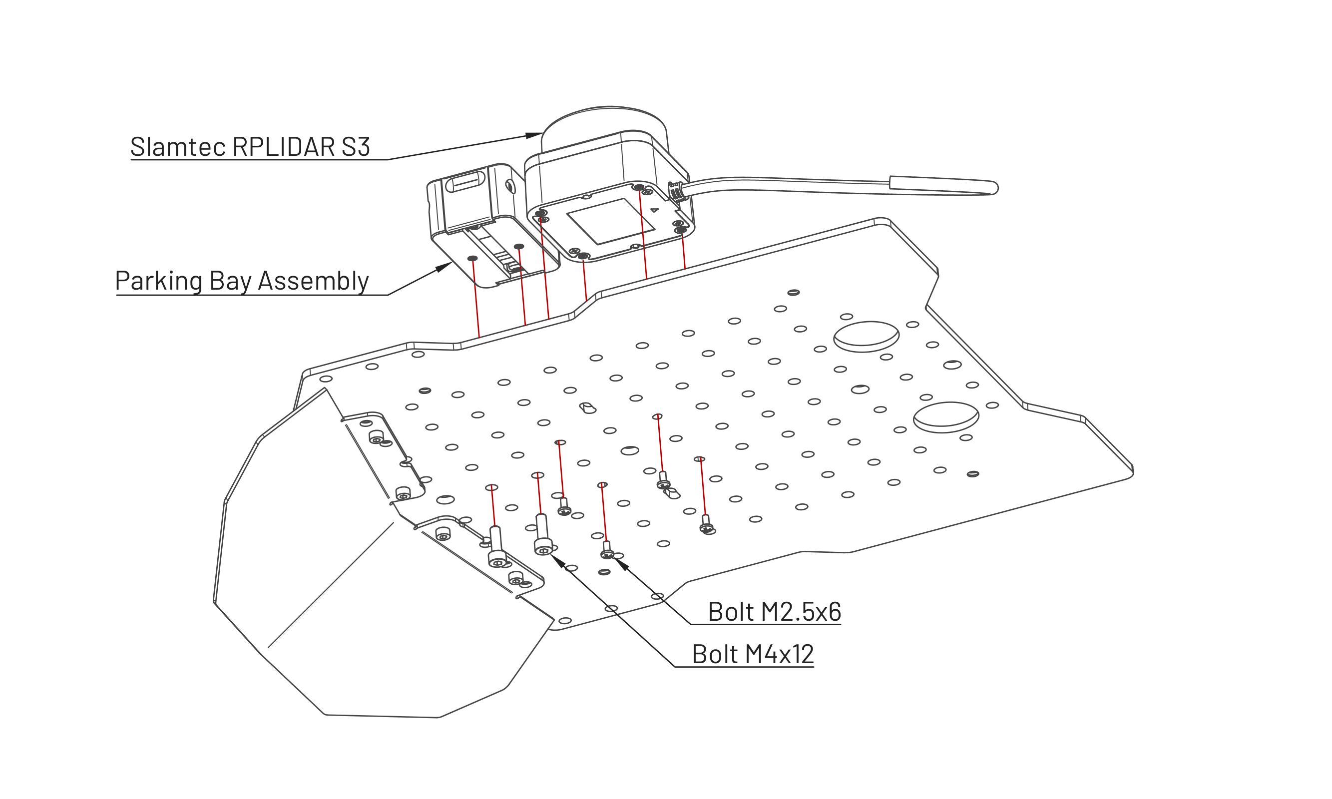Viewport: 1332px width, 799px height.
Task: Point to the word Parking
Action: (158, 281)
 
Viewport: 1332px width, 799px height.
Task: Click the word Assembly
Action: (313, 281)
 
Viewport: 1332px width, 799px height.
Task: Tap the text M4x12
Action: (779, 654)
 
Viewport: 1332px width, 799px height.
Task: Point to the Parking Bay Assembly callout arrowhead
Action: (444, 267)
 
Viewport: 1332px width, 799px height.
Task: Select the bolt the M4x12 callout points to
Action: (543, 535)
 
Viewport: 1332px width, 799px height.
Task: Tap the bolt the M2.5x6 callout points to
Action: (607, 550)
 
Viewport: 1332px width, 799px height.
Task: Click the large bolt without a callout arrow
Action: (496, 546)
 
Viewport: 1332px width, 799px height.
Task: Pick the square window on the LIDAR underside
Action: (610, 221)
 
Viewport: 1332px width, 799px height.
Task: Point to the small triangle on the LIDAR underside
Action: (655, 210)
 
